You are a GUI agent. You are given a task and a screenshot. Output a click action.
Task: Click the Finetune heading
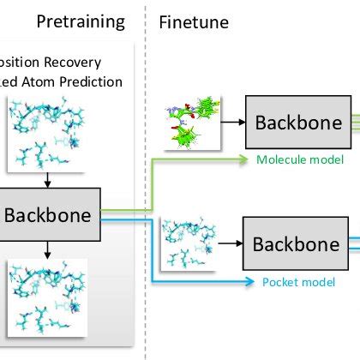pyautogui.click(x=194, y=21)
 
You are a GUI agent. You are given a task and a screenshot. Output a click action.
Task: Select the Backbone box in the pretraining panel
pyautogui.click(x=49, y=214)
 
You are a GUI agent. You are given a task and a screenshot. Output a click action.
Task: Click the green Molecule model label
pyautogui.click(x=300, y=159)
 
